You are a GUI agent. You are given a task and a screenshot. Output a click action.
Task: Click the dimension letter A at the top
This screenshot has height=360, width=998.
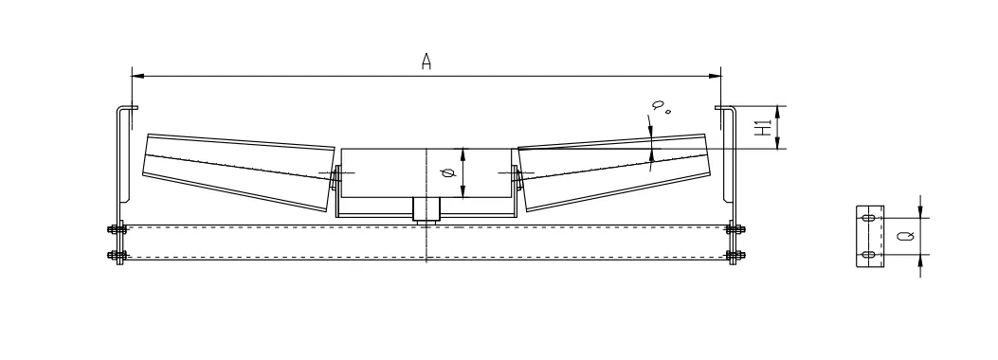click(426, 62)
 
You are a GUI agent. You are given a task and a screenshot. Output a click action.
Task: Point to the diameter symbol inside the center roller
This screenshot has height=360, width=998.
click(448, 173)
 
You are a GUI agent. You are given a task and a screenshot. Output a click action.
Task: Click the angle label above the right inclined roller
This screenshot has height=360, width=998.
click(661, 108)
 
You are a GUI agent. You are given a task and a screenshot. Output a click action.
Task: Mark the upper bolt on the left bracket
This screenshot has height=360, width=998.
click(117, 228)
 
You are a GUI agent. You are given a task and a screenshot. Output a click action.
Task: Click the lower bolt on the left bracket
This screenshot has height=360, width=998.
click(117, 255)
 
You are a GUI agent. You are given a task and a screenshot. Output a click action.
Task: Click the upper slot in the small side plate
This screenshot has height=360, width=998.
click(868, 218)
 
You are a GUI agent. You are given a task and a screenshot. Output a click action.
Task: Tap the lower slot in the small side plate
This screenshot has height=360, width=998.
click(868, 254)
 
